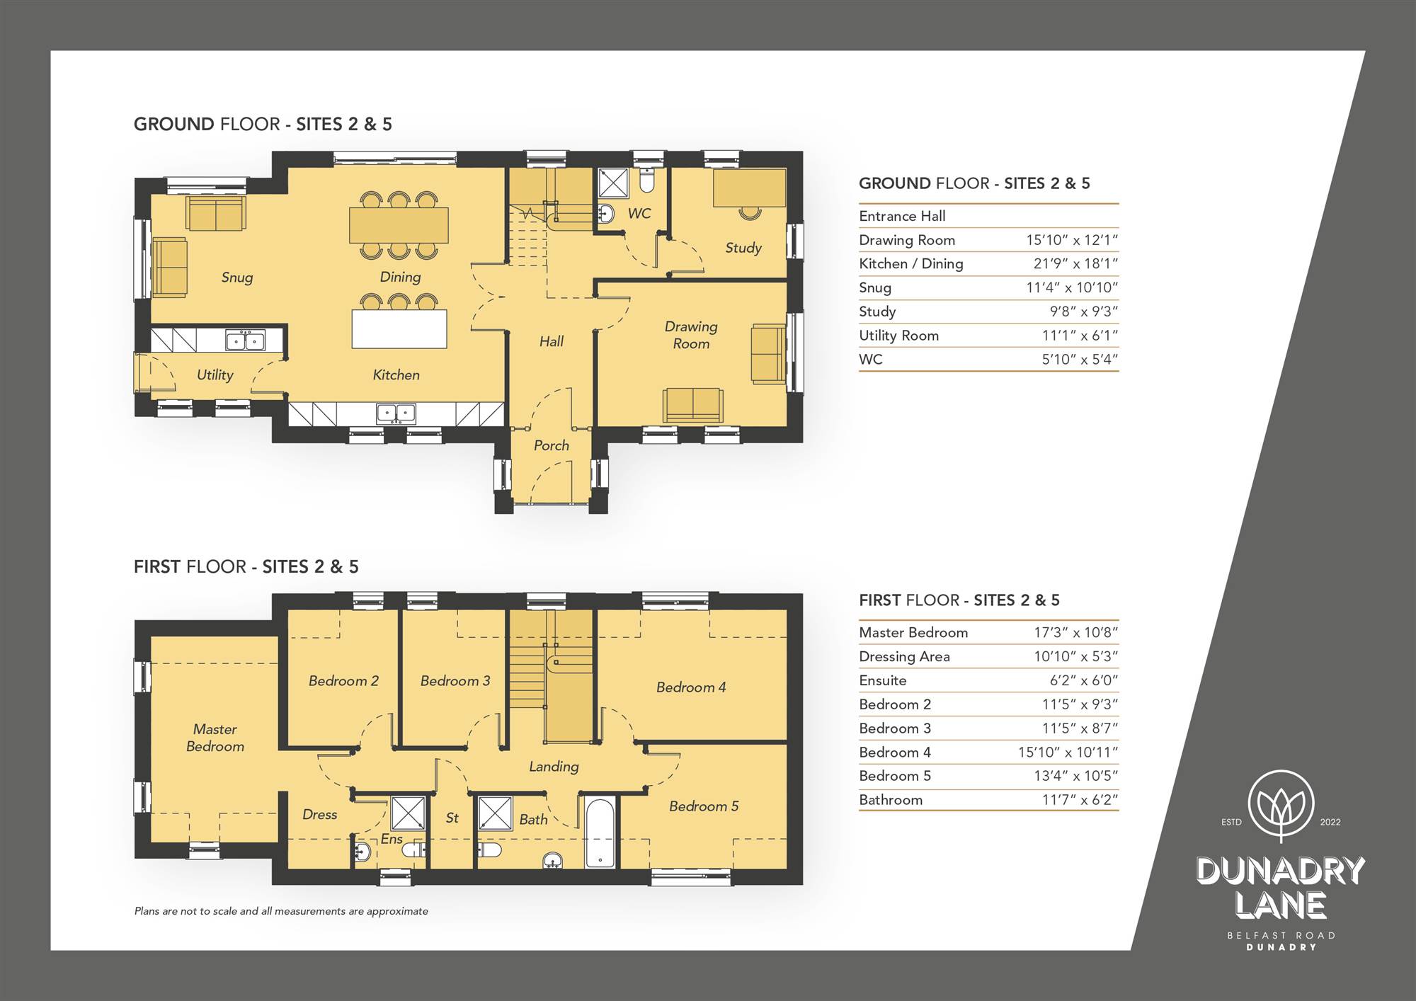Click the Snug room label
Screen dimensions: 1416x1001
pyautogui.click(x=237, y=278)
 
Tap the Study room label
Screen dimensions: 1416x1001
pyautogui.click(x=743, y=248)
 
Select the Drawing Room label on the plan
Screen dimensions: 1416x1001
pyautogui.click(x=691, y=335)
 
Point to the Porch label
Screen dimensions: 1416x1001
pyautogui.click(x=552, y=445)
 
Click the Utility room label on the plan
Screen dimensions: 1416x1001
pyautogui.click(x=215, y=375)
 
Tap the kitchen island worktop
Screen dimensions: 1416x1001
pyautogui.click(x=399, y=329)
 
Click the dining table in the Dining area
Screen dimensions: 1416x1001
pyautogui.click(x=399, y=225)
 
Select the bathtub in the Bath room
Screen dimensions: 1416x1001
pyautogui.click(x=600, y=833)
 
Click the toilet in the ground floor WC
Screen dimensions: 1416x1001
pyautogui.click(x=646, y=180)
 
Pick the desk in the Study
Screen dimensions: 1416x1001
pyautogui.click(x=749, y=188)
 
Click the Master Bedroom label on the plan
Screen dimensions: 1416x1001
pyautogui.click(x=215, y=738)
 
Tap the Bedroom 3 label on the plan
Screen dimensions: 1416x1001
pyautogui.click(x=455, y=681)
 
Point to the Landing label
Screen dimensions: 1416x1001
pyautogui.click(x=554, y=767)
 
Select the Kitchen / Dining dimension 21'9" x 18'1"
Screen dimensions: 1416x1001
pyautogui.click(x=1075, y=264)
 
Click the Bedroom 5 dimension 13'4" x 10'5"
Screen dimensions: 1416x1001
pyautogui.click(x=1075, y=776)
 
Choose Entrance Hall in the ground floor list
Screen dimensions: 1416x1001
pyautogui.click(x=902, y=216)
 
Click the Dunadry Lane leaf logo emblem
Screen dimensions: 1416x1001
pyautogui.click(x=1281, y=806)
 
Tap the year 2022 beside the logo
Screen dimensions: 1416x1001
pyautogui.click(x=1330, y=822)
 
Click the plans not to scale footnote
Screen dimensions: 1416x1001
pyautogui.click(x=281, y=911)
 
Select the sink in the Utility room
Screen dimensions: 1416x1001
pyautogui.click(x=245, y=341)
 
